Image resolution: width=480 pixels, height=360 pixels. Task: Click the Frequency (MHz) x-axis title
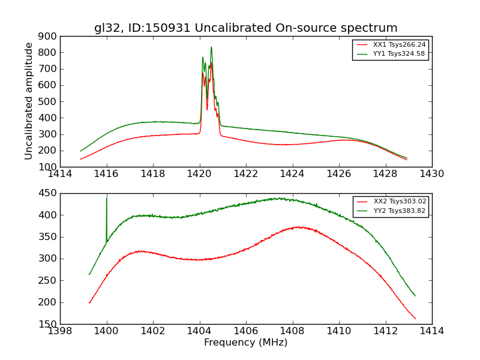click(245, 343)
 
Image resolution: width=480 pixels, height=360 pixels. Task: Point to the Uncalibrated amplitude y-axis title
click(29, 101)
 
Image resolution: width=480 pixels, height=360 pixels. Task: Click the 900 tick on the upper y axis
click(47, 36)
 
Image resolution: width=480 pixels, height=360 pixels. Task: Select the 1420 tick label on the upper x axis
click(199, 174)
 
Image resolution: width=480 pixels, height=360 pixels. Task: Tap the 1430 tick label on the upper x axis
click(431, 174)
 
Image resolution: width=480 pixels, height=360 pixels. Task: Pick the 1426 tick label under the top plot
click(338, 174)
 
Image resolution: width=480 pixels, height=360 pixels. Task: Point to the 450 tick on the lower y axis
click(47, 193)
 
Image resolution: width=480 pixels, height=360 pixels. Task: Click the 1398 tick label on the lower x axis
click(60, 331)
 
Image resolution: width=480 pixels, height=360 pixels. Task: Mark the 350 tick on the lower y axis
click(47, 237)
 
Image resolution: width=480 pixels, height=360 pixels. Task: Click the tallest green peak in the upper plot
click(211, 47)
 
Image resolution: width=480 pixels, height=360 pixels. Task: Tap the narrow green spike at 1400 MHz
click(107, 199)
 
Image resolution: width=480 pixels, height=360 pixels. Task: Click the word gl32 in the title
click(106, 28)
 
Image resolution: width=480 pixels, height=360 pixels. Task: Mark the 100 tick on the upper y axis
click(47, 167)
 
